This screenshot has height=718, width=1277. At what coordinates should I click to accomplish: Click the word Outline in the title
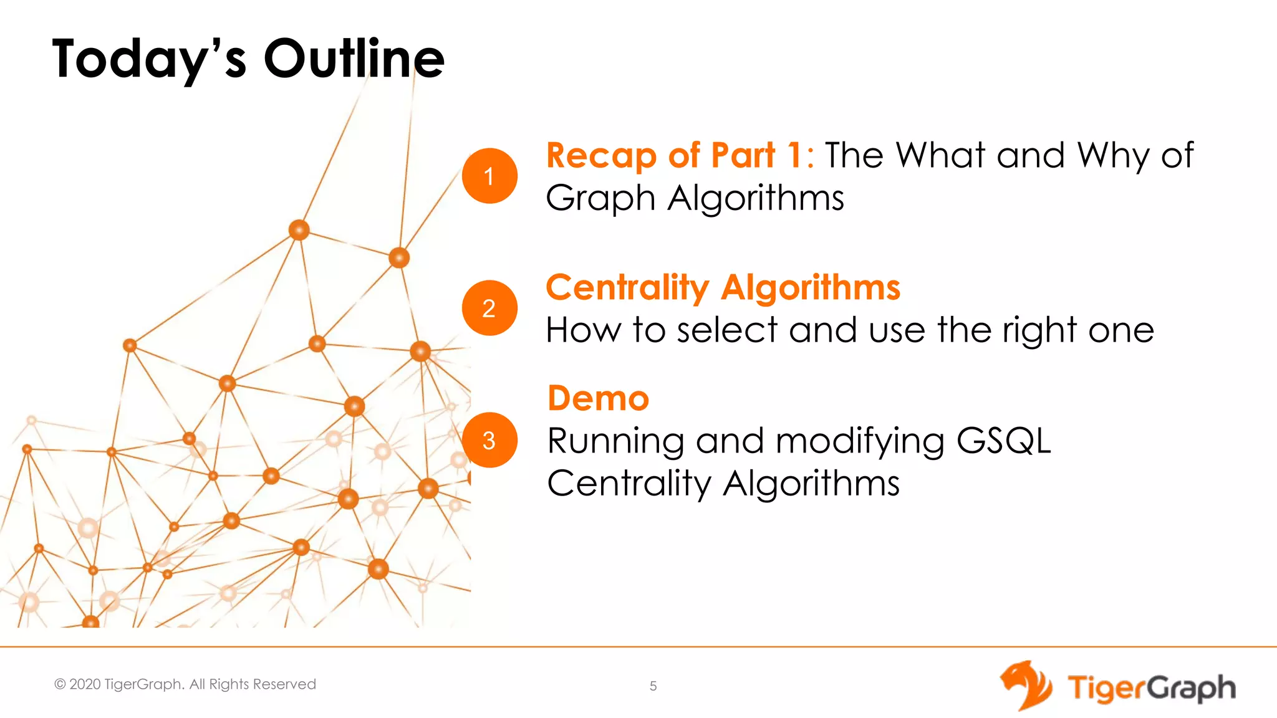pyautogui.click(x=354, y=59)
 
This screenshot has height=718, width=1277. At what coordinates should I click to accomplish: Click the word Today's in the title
pyautogui.click(x=149, y=59)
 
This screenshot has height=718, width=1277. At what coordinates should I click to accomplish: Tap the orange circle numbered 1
pyautogui.click(x=489, y=176)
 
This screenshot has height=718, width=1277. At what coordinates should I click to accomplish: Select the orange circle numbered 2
pyautogui.click(x=489, y=308)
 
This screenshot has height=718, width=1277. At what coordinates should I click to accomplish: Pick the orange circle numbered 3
pyautogui.click(x=489, y=440)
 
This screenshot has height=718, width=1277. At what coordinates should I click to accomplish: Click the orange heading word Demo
pyautogui.click(x=598, y=398)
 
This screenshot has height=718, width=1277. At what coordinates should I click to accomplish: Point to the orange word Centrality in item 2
pyautogui.click(x=627, y=288)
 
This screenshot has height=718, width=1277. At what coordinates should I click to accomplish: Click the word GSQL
pyautogui.click(x=1003, y=441)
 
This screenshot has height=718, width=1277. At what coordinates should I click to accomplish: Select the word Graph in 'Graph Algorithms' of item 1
pyautogui.click(x=600, y=198)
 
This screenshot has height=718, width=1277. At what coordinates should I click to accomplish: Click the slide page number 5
pyautogui.click(x=653, y=686)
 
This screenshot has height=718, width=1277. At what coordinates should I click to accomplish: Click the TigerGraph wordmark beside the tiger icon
pyautogui.click(x=1151, y=688)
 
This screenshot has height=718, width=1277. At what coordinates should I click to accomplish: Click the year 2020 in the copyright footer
pyautogui.click(x=85, y=684)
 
